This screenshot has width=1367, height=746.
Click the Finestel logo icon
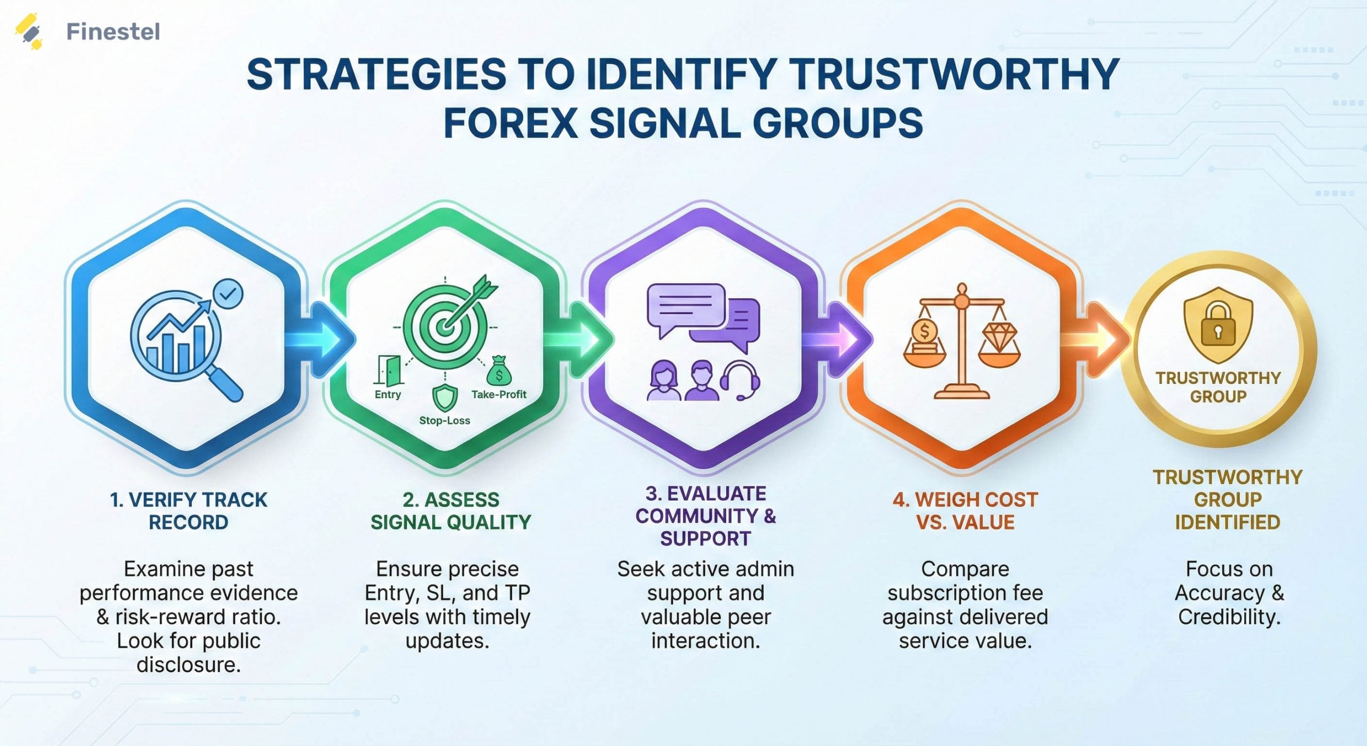(29, 31)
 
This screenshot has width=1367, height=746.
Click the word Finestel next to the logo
(113, 32)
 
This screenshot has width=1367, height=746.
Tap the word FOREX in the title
(510, 123)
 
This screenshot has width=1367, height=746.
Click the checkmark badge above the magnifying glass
(228, 293)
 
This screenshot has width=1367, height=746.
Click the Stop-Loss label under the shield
(444, 421)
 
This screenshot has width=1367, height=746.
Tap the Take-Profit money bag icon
(499, 372)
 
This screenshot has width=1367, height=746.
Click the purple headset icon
(740, 380)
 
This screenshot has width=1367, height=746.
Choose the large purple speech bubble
(685, 307)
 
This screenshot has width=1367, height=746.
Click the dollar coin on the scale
(924, 332)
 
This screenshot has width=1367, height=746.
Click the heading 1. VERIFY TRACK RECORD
(188, 511)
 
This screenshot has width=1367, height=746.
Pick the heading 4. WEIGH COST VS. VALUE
(965, 511)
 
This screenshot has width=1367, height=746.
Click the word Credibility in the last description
(1229, 617)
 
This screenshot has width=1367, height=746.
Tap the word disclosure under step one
(188, 665)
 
